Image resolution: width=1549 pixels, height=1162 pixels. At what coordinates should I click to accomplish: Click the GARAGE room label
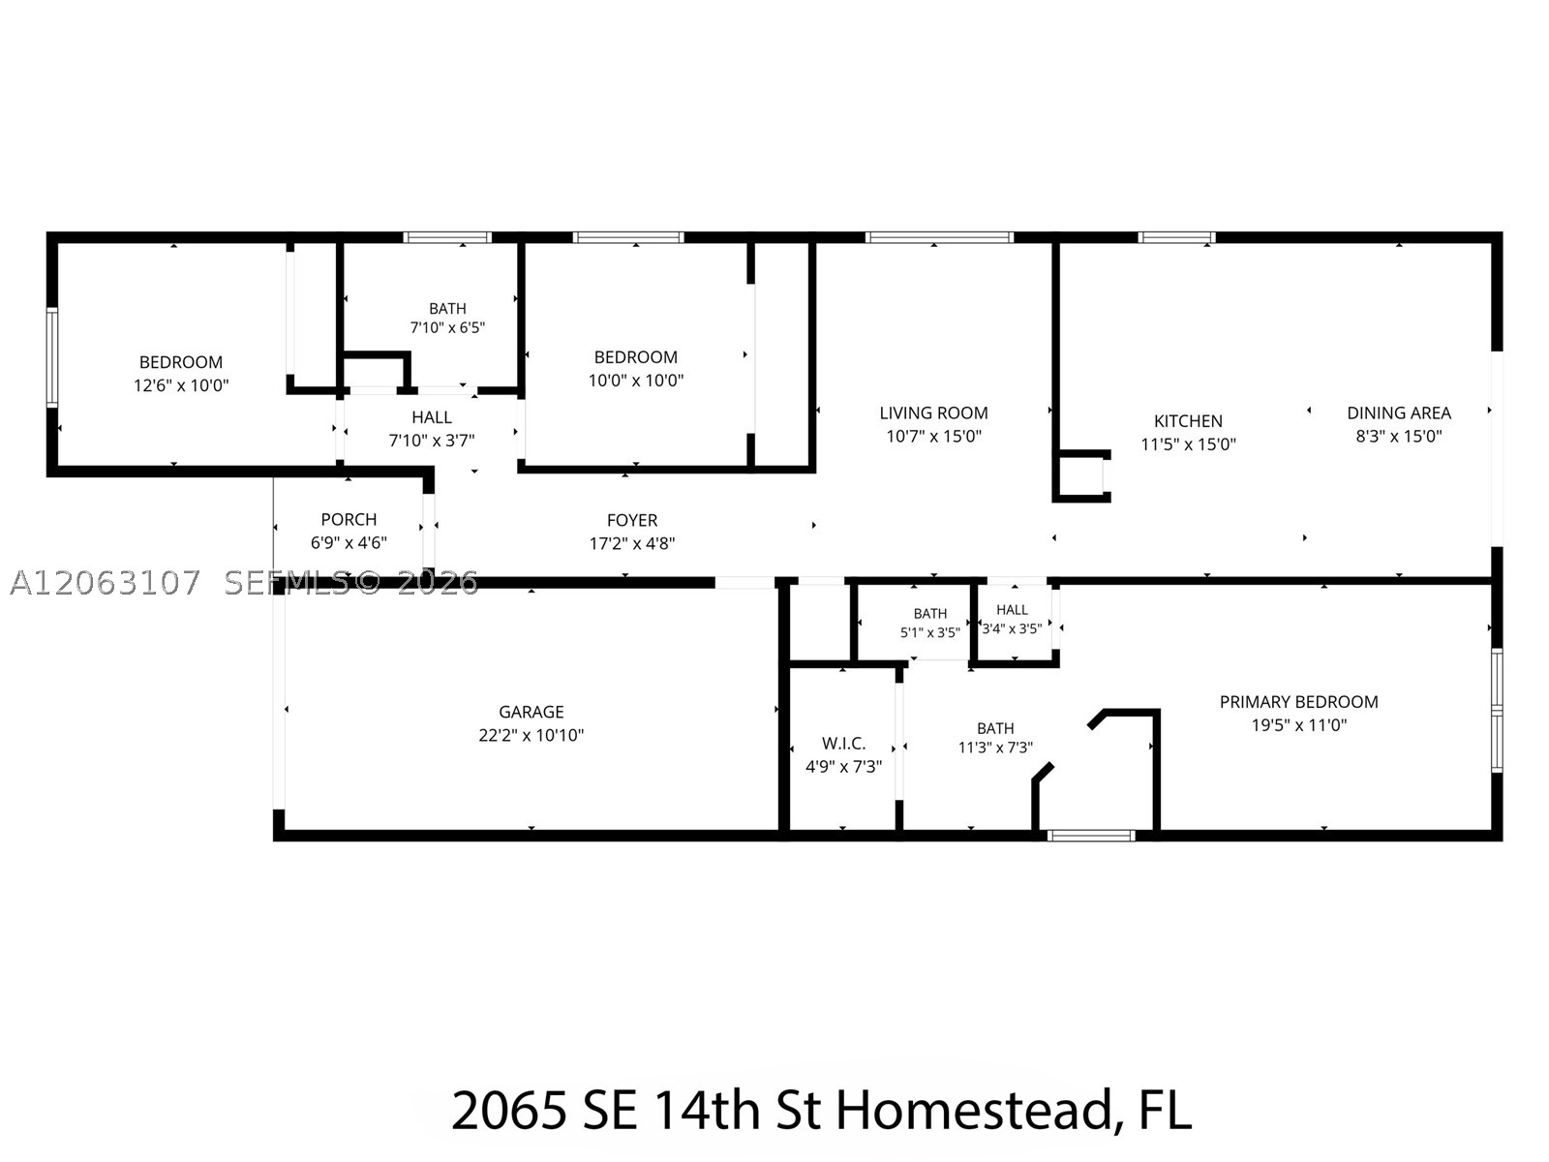coord(531,712)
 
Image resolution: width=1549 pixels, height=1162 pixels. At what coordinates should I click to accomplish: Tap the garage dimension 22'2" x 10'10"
coord(531,735)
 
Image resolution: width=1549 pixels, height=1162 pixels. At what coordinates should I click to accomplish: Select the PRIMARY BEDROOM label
coord(1298,702)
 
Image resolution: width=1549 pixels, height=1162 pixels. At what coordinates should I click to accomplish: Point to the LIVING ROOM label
coord(933,413)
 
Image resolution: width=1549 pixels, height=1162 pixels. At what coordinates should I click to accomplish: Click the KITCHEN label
coord(1189,421)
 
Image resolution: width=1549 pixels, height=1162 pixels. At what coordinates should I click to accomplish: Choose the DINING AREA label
coord(1399,413)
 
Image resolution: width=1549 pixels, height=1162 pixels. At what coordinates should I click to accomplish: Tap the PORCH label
coord(349,520)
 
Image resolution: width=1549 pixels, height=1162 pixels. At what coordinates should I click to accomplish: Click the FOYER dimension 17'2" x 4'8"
coord(631,543)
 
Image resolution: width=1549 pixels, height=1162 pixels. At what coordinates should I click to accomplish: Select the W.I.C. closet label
coord(843,744)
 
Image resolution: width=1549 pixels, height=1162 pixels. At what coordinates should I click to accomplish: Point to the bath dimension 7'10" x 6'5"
coord(447,327)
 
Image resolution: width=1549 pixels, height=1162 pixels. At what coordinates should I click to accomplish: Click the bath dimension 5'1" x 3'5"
coord(929,633)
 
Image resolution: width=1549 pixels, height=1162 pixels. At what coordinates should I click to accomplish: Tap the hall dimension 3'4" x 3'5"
coord(1012,628)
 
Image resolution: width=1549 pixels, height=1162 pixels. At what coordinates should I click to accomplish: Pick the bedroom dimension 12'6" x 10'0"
coord(181,385)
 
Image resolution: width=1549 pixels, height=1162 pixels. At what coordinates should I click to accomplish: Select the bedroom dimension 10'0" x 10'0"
coord(636,381)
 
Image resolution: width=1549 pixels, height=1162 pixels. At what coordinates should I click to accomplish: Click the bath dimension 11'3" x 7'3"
coord(995,748)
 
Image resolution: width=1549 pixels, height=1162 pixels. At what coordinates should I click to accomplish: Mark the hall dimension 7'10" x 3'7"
coord(431,441)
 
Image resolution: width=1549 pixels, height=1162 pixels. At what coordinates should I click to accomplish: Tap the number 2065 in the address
coord(508,1111)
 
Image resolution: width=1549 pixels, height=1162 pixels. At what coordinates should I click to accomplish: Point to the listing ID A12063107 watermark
coord(106,583)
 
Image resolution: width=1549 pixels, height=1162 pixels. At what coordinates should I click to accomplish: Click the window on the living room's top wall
coord(939,237)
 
